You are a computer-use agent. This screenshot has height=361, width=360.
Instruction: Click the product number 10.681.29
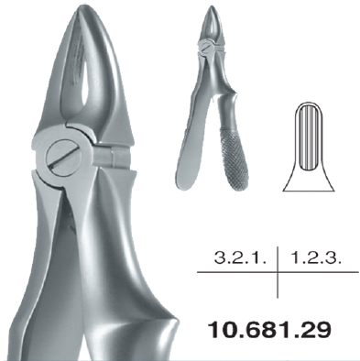click(269, 330)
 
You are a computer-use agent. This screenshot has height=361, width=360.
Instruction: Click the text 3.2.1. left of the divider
click(241, 258)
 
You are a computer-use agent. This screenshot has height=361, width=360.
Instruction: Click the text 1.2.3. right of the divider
click(315, 258)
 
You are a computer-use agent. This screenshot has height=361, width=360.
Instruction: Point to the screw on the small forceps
click(206, 48)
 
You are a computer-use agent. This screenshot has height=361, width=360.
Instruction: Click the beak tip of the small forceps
click(213, 6)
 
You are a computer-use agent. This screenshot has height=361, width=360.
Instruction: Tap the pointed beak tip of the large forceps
click(82, 6)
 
